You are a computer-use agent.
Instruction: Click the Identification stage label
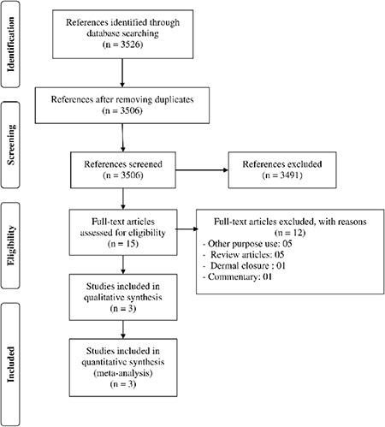pyautogui.click(x=13, y=40)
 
